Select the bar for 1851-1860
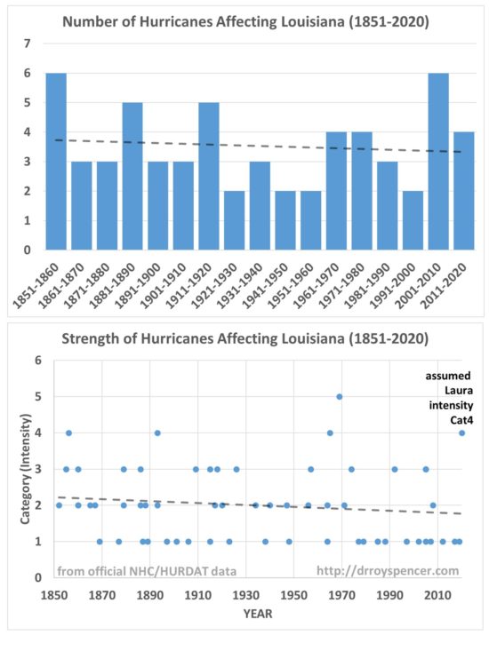click(56, 162)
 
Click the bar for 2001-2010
click(438, 162)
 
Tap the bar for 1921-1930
click(235, 220)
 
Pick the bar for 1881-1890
click(132, 176)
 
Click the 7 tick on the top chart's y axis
click(28, 44)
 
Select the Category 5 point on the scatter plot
click(339, 397)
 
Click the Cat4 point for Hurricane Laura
click(461, 433)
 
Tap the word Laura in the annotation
click(459, 390)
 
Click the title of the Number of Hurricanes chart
click(245, 21)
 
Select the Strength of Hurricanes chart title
click(245, 338)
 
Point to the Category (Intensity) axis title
click(26, 468)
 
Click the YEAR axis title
click(258, 614)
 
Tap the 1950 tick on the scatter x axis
click(293, 595)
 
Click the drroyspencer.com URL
click(388, 571)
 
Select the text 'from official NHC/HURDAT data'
click(147, 571)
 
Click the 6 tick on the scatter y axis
click(38, 360)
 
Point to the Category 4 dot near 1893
click(157, 433)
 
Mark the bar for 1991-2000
click(413, 220)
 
